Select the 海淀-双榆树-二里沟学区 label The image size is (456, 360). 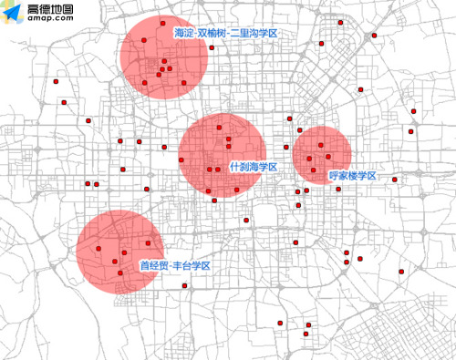tap(224, 34)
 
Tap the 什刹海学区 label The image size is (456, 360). tap(253, 167)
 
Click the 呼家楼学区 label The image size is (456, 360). tap(353, 174)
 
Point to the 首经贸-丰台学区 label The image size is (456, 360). tap(175, 265)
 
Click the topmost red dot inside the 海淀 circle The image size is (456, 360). tap(162, 23)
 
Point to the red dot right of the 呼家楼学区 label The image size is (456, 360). tap(395, 180)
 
